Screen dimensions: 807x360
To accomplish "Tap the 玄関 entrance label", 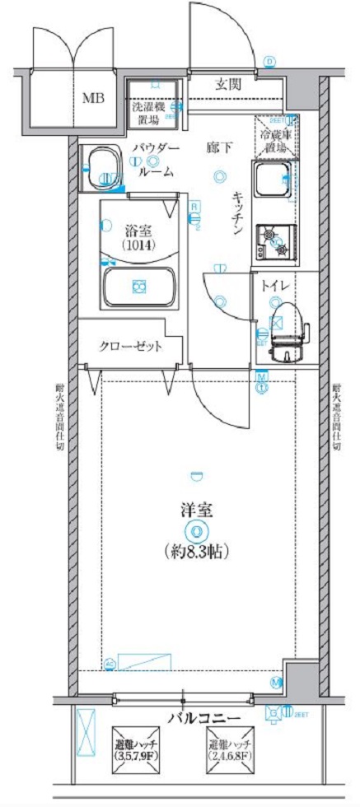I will click(x=230, y=83).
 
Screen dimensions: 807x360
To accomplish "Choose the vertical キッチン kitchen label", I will click(x=236, y=213).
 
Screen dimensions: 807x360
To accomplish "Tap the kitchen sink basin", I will click(x=272, y=180).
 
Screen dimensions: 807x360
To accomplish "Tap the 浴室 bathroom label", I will click(x=137, y=231).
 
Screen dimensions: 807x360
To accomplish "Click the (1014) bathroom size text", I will click(x=137, y=245).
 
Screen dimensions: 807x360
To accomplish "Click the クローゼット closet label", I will click(x=130, y=345).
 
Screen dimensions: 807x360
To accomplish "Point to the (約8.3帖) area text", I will click(x=196, y=551).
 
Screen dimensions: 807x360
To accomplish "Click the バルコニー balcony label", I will click(x=204, y=717).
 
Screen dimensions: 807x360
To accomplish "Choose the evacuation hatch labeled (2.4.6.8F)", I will click(x=231, y=749).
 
